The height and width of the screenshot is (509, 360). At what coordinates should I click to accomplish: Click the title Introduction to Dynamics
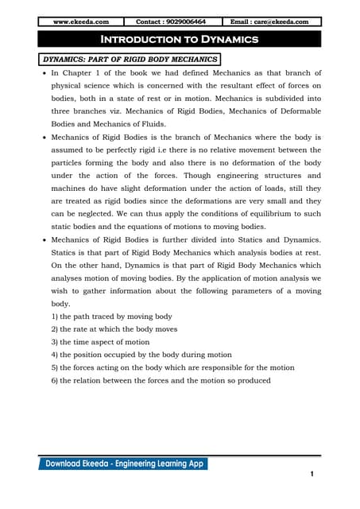coord(180,40)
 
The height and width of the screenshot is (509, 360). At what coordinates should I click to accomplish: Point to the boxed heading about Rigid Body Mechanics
coord(130,59)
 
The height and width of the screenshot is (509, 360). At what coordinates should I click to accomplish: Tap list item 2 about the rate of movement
coord(114,328)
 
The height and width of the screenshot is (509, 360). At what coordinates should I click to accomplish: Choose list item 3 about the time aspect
coord(99,341)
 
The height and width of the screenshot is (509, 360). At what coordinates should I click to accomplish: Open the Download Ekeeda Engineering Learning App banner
coord(126,464)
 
